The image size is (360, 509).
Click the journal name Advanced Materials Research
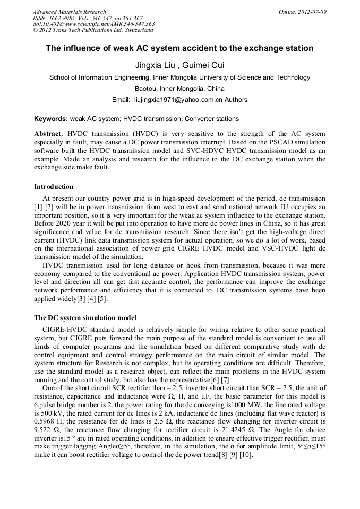click(x=69, y=12)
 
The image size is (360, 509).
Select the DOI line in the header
click(x=93, y=24)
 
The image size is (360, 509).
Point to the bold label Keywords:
click(x=51, y=119)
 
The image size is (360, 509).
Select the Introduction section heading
click(x=54, y=187)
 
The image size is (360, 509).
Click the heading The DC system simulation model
click(x=85, y=318)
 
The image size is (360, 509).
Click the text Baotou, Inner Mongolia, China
click(x=179, y=88)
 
